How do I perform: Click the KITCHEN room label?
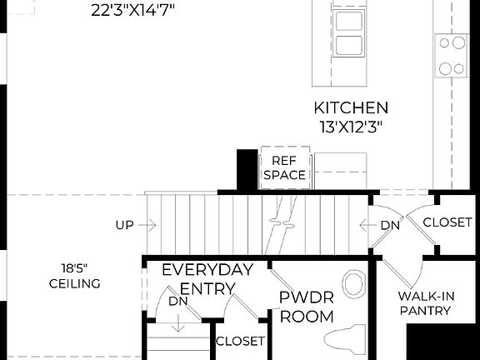[x=350, y=107]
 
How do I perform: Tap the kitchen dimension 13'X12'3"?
[x=350, y=127]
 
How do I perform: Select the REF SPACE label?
[x=284, y=167]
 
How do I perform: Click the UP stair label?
[x=125, y=225]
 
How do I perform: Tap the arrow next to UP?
[x=148, y=225]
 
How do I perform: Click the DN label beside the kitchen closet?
[x=390, y=225]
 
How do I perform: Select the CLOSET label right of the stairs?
[x=448, y=222]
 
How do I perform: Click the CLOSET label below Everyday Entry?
[x=240, y=341]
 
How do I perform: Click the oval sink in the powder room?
[x=353, y=283]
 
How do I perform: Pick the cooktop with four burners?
[x=452, y=55]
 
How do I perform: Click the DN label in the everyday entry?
[x=177, y=301]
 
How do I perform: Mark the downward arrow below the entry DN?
[x=177, y=322]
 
